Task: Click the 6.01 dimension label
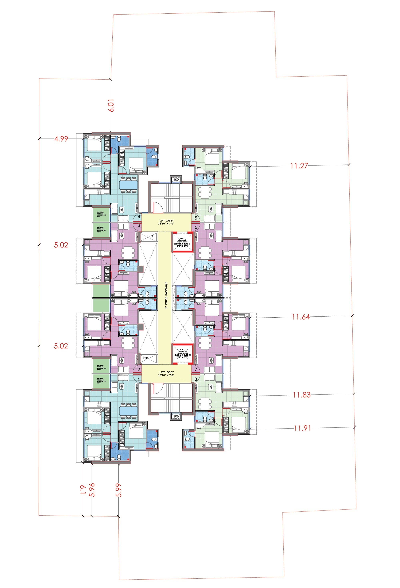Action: tap(111, 105)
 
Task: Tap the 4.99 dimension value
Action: tap(61, 139)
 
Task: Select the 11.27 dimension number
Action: tap(299, 166)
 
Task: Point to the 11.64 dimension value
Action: tap(301, 317)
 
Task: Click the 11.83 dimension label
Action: tap(302, 395)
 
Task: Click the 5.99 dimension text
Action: tap(118, 490)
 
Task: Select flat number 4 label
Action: tap(139, 217)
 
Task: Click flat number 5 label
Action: tap(196, 218)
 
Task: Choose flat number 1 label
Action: tap(139, 380)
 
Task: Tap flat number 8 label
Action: tap(196, 379)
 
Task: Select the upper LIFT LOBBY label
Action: tap(166, 222)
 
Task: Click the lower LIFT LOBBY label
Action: tap(166, 373)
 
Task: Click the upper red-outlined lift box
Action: tap(182, 242)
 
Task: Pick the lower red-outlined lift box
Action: tap(182, 354)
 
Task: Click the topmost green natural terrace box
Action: tap(101, 214)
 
